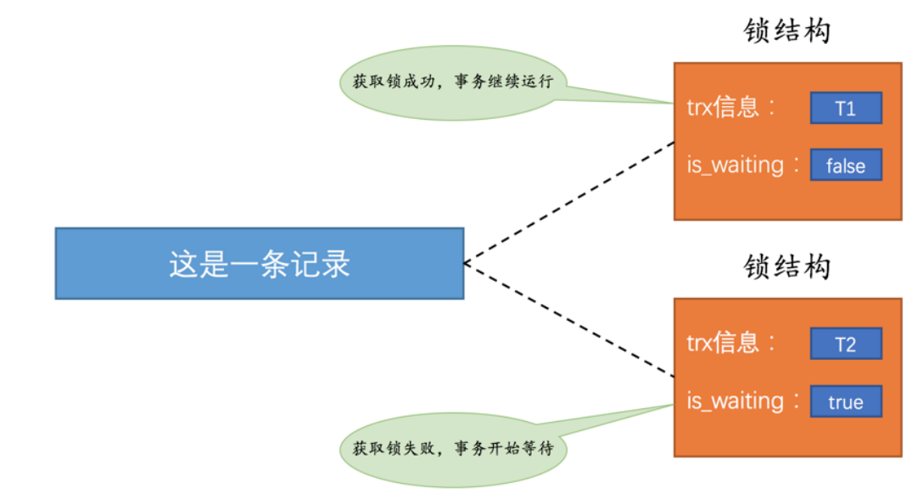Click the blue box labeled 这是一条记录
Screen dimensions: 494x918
(x=259, y=263)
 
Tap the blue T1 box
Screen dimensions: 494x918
(x=846, y=109)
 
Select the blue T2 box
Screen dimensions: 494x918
(x=846, y=344)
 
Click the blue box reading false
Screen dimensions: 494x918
(x=846, y=166)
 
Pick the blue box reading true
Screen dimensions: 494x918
(x=846, y=401)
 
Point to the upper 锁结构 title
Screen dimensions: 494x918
(x=786, y=31)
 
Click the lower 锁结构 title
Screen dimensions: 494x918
(x=786, y=267)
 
